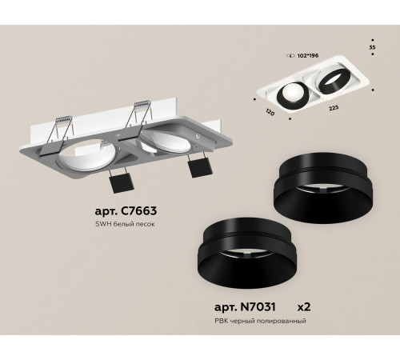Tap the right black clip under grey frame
(x=196, y=167)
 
